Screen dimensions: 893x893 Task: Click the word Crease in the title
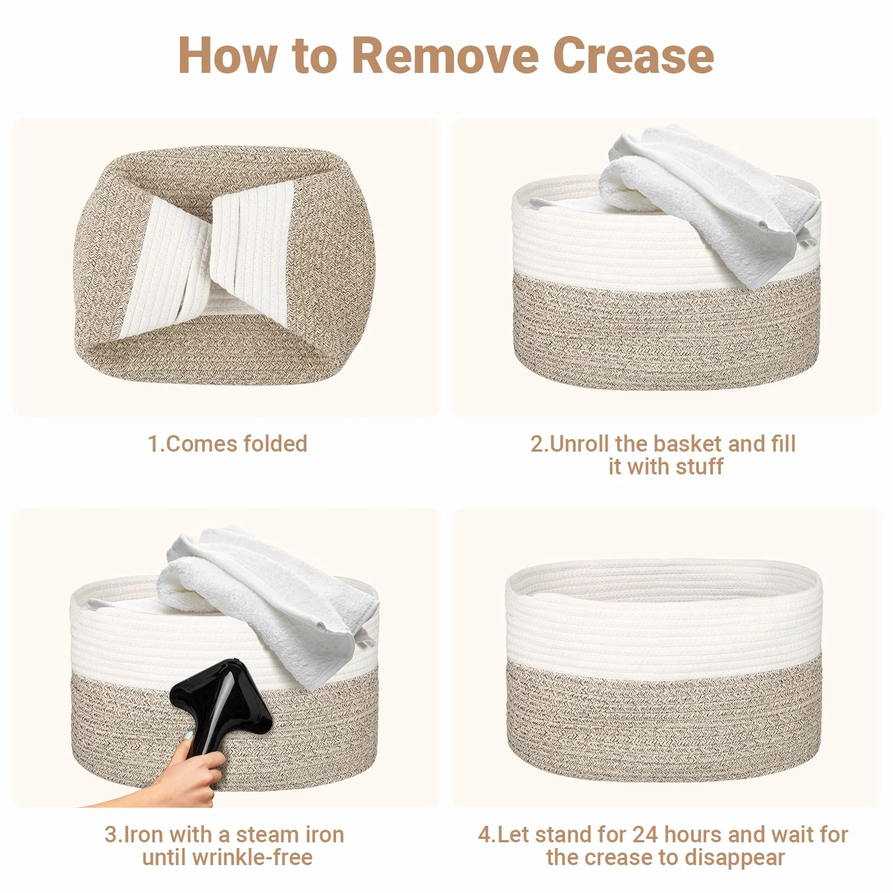coord(633,55)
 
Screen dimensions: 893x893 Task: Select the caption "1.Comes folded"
coord(227,444)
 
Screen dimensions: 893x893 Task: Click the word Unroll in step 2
coord(587,444)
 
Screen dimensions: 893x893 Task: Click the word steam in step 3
coord(266,834)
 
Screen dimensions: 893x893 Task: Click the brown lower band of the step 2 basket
coord(665,330)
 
